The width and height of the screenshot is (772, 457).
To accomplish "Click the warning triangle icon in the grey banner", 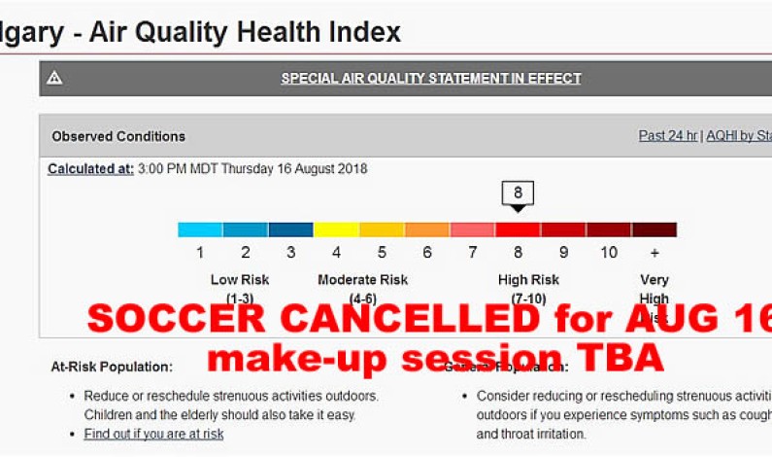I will [x=54, y=79].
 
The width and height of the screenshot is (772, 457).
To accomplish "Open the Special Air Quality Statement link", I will [x=431, y=79].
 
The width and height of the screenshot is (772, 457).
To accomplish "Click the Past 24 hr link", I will [x=668, y=136].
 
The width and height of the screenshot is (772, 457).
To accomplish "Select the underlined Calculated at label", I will [x=91, y=169].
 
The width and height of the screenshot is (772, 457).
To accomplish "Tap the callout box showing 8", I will [x=519, y=193].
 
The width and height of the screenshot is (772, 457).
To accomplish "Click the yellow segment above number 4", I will [x=336, y=230].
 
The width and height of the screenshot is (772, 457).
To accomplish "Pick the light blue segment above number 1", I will [x=200, y=230].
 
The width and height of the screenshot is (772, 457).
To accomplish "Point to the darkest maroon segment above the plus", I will [x=655, y=230].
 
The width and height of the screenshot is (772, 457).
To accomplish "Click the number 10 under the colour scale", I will [x=609, y=253].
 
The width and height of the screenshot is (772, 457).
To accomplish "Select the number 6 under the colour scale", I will [x=427, y=253].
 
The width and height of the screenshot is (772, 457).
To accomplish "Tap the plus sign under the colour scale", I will [x=655, y=253].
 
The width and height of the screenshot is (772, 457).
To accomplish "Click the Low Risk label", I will [x=240, y=280].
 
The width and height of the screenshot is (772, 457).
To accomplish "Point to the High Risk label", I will [x=528, y=280].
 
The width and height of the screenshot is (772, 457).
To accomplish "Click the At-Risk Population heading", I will [x=112, y=368].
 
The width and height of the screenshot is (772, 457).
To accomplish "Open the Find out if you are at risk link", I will [x=153, y=434].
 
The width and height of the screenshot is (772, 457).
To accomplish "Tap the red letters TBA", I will [x=621, y=359].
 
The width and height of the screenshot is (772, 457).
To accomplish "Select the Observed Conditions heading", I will [x=118, y=137].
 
